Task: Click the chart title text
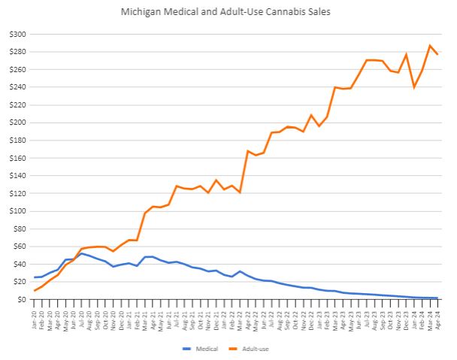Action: point(228,12)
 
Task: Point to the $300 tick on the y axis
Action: point(17,35)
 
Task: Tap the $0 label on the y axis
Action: point(22,299)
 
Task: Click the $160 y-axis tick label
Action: point(17,123)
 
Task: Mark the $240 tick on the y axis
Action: point(17,87)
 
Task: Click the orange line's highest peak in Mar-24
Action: point(430,46)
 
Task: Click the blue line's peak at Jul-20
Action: point(82,253)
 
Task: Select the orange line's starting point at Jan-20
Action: point(35,290)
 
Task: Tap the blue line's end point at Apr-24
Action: point(437,298)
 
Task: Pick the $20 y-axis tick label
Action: point(20,282)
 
